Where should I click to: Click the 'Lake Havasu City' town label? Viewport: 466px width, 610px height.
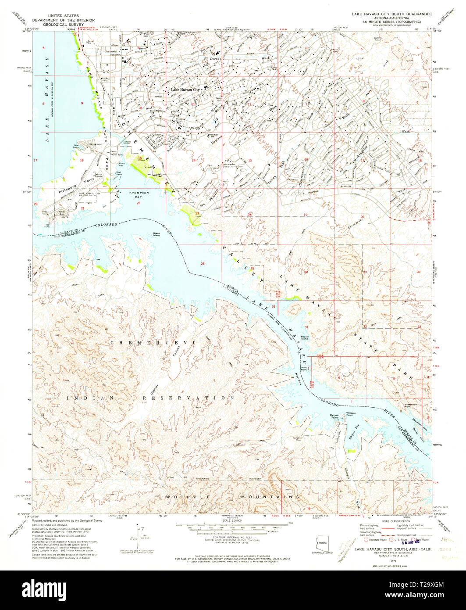click(x=185, y=90)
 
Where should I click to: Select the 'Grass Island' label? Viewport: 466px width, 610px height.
click(x=156, y=234)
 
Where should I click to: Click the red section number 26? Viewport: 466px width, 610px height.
click(x=202, y=263)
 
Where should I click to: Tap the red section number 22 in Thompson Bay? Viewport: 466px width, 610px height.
click(x=138, y=203)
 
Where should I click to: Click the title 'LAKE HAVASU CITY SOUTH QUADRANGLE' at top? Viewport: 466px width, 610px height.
click(x=391, y=14)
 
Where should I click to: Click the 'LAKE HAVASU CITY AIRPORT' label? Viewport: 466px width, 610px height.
click(x=89, y=195)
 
